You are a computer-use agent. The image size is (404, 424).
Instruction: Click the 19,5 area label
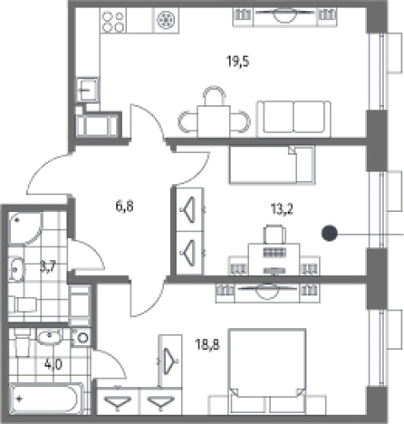(238, 62)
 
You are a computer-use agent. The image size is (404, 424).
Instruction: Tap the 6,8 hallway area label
(124, 207)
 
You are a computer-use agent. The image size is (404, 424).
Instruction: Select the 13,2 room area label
(282, 209)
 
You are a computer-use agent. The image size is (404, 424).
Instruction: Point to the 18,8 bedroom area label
(207, 344)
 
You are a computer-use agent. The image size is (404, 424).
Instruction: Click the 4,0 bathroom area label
(53, 364)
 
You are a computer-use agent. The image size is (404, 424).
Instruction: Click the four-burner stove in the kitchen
(113, 22)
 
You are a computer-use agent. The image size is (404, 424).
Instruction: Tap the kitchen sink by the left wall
(87, 90)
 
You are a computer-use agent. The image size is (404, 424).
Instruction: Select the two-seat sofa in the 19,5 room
(293, 119)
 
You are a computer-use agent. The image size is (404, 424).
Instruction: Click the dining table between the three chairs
(214, 121)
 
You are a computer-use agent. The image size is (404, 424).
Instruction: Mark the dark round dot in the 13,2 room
(330, 233)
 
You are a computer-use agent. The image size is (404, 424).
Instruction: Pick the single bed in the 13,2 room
(272, 165)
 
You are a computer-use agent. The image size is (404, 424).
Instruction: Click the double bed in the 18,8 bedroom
(267, 371)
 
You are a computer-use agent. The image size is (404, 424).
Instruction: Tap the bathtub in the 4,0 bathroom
(46, 399)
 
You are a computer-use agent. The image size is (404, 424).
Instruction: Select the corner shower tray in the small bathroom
(25, 227)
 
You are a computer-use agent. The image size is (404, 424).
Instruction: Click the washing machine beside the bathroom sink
(82, 337)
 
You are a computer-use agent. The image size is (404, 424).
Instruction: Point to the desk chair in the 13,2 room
(274, 235)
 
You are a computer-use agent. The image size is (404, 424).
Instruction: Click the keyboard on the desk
(274, 253)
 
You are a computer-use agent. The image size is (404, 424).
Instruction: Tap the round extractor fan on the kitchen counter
(166, 20)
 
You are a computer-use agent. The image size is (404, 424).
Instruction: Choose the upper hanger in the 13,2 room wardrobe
(188, 209)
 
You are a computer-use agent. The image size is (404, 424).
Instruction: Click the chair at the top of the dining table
(214, 96)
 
